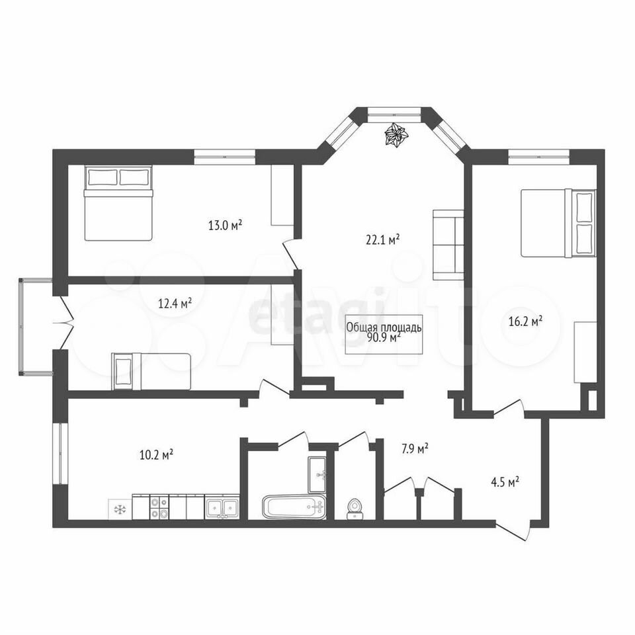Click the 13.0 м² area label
[x=225, y=225]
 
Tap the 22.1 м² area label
[x=383, y=239]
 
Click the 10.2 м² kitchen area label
[x=156, y=455]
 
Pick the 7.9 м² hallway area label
[x=415, y=448]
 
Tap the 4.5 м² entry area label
[x=505, y=482]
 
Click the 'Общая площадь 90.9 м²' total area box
[x=384, y=334]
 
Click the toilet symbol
[x=355, y=509]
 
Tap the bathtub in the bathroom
[x=294, y=506]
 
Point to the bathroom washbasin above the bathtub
[x=317, y=475]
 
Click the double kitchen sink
[x=222, y=507]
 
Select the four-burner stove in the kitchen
[x=159, y=507]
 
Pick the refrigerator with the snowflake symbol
[x=120, y=509]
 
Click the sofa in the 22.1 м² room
[x=448, y=245]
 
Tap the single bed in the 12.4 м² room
[x=151, y=371]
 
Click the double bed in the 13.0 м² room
[x=118, y=203]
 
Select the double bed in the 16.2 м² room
[x=559, y=223]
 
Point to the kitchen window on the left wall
[x=60, y=453]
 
